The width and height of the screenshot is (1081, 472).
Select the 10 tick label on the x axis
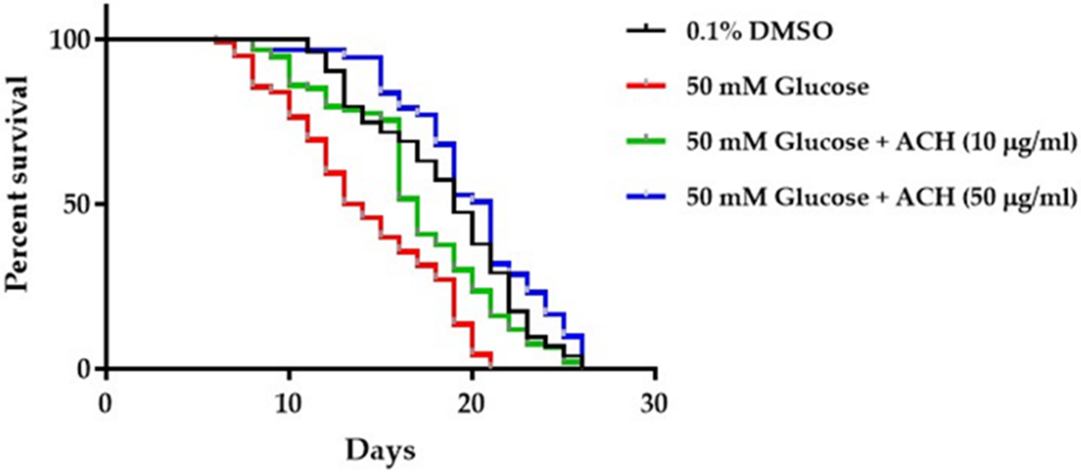(x=289, y=404)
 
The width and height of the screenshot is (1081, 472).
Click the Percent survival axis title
(x=17, y=185)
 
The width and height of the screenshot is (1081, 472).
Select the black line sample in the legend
(x=646, y=31)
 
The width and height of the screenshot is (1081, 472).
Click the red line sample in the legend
(x=646, y=86)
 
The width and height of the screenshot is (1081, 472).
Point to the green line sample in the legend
(x=646, y=141)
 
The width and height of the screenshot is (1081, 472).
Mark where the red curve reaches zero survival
(x=491, y=368)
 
